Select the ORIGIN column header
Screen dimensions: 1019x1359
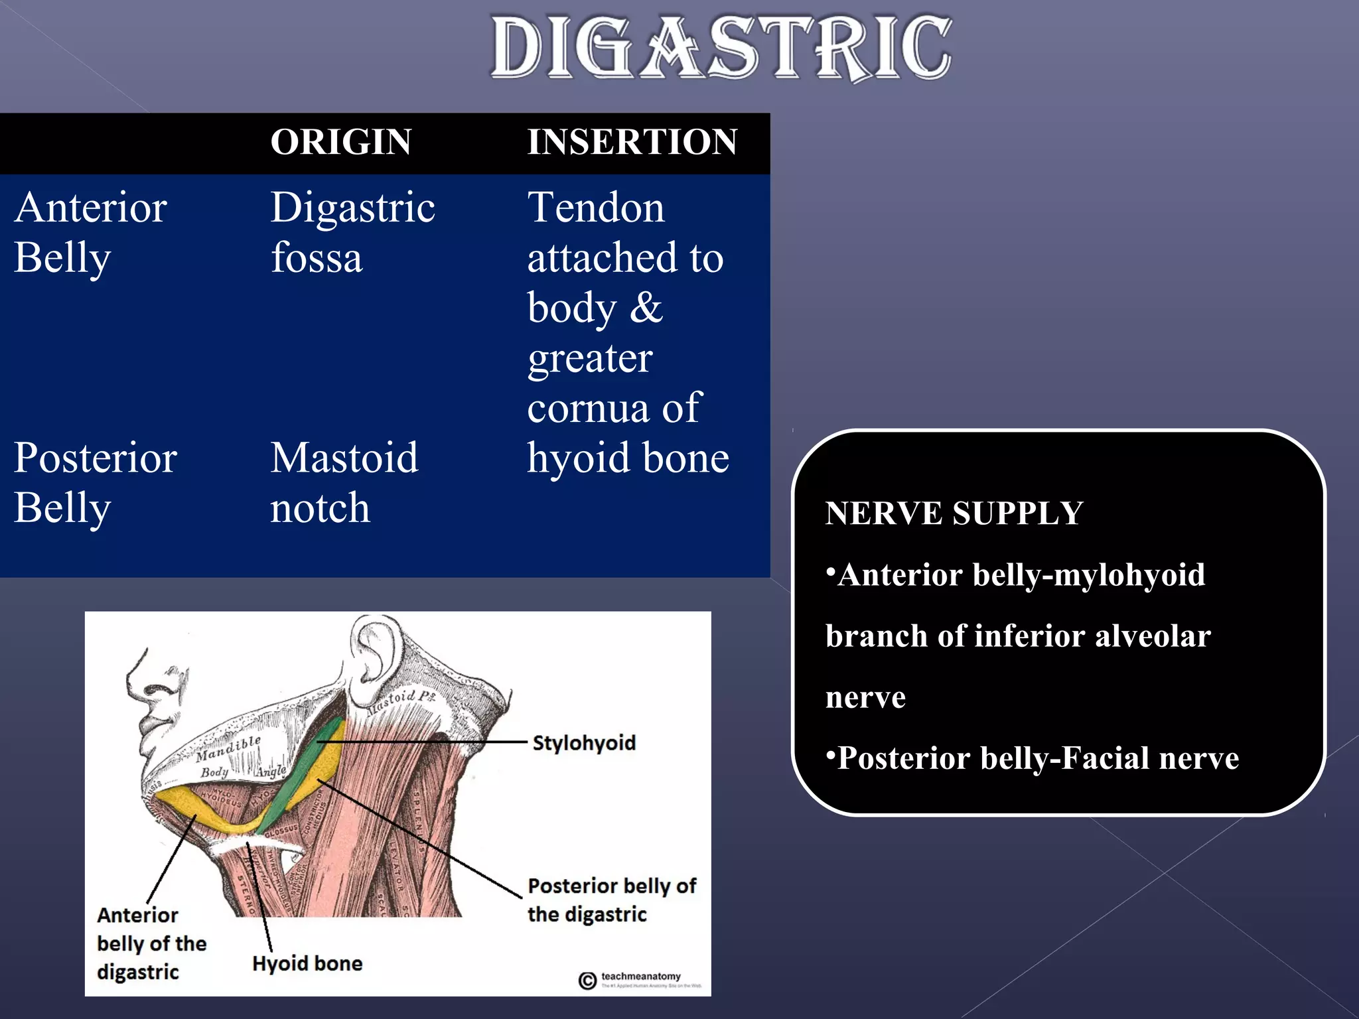pos(341,142)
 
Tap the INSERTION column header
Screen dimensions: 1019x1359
pos(632,142)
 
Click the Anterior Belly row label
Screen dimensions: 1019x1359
pos(91,232)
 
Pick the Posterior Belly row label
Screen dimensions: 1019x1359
pos(96,482)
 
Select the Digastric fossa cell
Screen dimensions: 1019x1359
pos(352,232)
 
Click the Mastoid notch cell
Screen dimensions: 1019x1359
pos(344,482)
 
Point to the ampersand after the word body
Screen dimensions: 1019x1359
pos(646,308)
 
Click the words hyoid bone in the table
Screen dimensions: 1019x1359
pos(628,458)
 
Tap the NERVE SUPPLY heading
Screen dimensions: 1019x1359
pos(954,513)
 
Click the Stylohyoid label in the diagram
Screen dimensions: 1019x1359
pos(584,743)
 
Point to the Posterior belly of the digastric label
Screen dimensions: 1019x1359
pos(611,900)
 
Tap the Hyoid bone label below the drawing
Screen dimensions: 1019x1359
pos(307,963)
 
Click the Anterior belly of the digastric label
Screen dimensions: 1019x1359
pos(151,943)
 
